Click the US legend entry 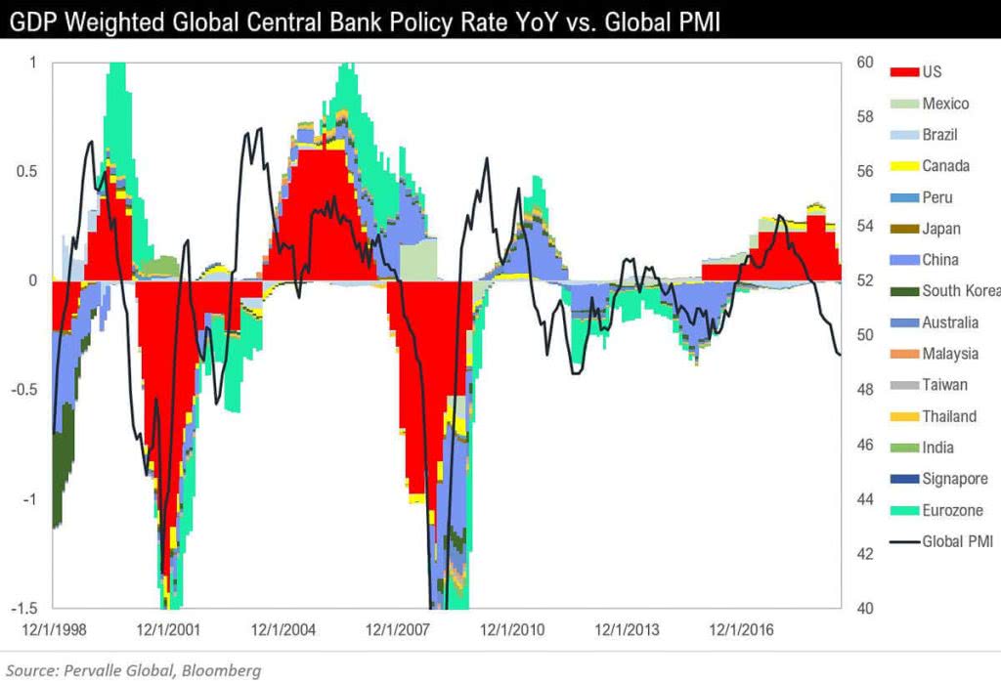(x=931, y=72)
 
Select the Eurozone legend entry (x=952, y=510)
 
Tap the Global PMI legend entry (x=957, y=541)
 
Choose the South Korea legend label (x=961, y=291)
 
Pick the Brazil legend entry (x=939, y=135)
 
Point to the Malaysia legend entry (x=949, y=354)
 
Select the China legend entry (x=939, y=260)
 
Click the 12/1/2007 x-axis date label (x=396, y=630)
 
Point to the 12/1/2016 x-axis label (x=740, y=630)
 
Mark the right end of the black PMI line (x=840, y=355)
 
